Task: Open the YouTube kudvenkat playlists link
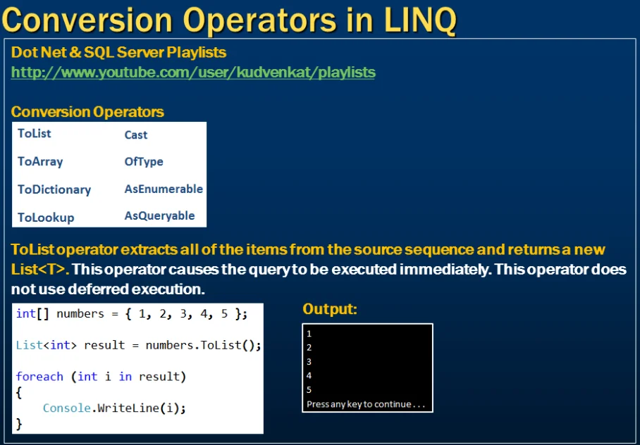(193, 73)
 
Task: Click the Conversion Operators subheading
(87, 112)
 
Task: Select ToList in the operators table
(35, 134)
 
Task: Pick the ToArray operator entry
(40, 161)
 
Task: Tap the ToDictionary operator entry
(54, 189)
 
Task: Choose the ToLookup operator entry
(46, 218)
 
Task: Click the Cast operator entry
(136, 134)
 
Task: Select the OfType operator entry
(144, 161)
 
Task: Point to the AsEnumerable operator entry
(164, 189)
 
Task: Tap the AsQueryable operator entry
(159, 216)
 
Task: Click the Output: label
(330, 309)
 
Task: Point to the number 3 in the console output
(309, 362)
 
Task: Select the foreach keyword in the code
(39, 377)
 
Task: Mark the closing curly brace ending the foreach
(19, 423)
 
